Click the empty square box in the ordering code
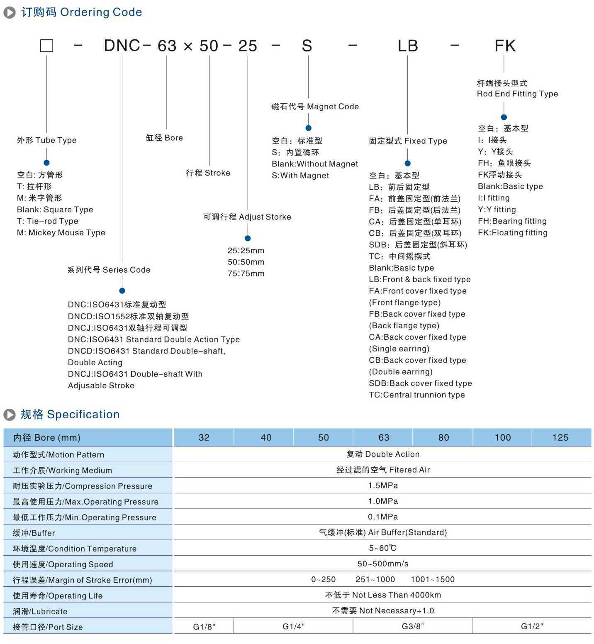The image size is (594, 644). (x=46, y=46)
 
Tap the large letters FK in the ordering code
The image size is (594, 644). (x=505, y=46)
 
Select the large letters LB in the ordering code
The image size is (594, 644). (x=407, y=46)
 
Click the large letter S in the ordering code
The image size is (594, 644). (x=307, y=46)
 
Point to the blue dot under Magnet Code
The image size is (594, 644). (x=308, y=128)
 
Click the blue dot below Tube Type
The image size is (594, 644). (x=46, y=163)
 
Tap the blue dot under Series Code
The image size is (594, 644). (x=122, y=290)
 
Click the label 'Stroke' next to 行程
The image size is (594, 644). (x=217, y=173)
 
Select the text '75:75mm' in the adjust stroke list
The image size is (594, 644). (x=246, y=273)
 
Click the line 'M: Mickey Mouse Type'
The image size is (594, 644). (x=61, y=233)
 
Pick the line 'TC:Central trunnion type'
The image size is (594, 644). (x=416, y=395)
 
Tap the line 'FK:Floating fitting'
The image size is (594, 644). (x=512, y=233)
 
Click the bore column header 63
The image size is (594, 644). (x=384, y=437)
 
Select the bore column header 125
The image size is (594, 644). (x=560, y=437)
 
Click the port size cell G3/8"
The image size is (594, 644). (x=413, y=626)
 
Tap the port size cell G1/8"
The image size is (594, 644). (x=204, y=626)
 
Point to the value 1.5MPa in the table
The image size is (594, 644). (x=382, y=485)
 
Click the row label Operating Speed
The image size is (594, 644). (x=63, y=564)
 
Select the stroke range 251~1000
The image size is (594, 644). (x=375, y=579)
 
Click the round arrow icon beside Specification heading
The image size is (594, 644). (x=9, y=415)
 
